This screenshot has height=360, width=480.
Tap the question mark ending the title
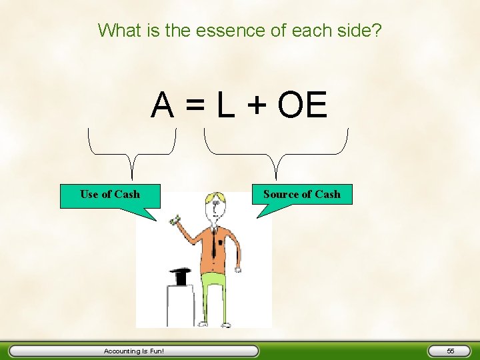(377, 30)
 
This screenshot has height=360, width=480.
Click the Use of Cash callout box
(110, 195)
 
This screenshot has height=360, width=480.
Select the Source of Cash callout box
(301, 195)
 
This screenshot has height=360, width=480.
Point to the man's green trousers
(213, 293)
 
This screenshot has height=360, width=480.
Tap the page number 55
(451, 351)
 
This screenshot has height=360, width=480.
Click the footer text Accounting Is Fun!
(133, 351)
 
